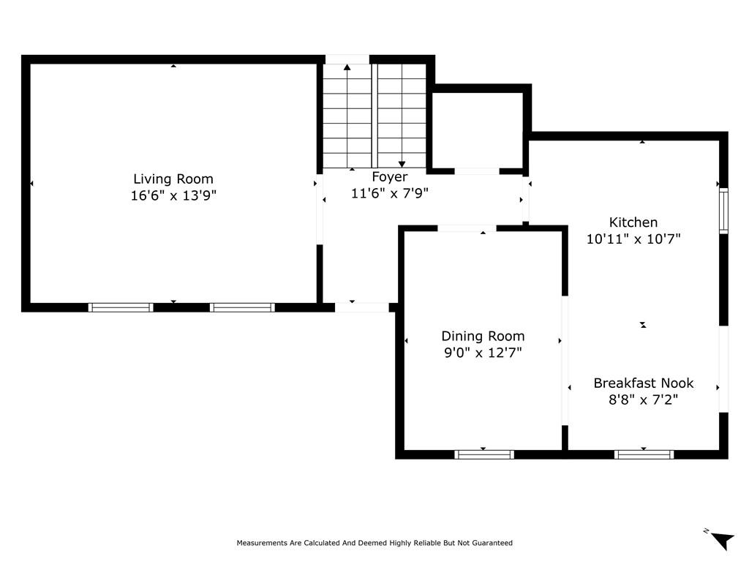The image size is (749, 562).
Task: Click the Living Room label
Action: [173, 179]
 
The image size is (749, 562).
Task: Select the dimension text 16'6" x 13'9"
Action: [173, 195]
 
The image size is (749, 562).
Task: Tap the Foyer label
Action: [390, 177]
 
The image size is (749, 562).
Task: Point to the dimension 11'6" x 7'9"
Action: [390, 193]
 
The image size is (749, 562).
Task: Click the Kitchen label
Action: [633, 222]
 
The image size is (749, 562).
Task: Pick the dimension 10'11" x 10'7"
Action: [633, 239]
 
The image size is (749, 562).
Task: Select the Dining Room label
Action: [483, 336]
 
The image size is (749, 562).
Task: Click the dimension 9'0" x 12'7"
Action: [483, 352]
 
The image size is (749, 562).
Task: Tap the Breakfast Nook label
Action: [644, 383]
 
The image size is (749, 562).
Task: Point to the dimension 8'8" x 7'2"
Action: [644, 399]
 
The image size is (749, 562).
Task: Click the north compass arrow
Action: [723, 541]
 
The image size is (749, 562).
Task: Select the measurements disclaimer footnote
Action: [374, 543]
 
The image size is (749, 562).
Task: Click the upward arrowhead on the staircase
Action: [347, 67]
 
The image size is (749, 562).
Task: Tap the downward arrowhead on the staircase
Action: [402, 164]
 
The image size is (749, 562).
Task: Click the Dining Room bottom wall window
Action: [484, 454]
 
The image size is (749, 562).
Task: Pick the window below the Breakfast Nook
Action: [644, 454]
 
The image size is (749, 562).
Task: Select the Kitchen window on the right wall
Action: [723, 211]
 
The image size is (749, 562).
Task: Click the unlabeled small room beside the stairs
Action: [478, 130]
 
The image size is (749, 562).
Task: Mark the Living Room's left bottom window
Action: [121, 307]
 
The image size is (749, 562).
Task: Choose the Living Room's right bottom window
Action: [242, 307]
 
